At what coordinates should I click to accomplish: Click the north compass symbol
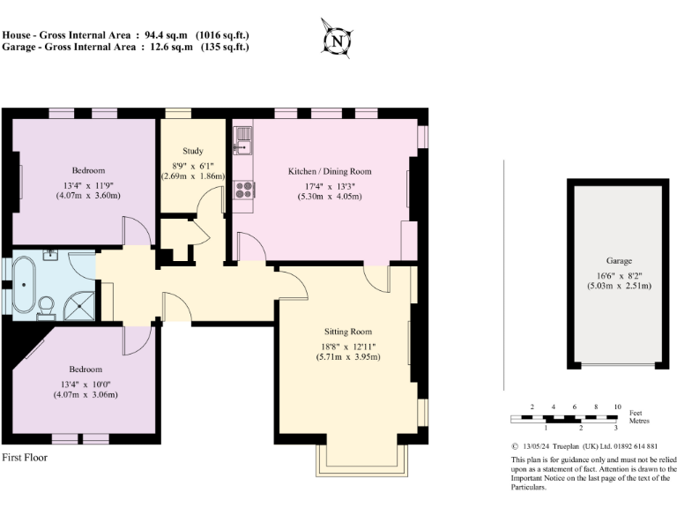click(337, 40)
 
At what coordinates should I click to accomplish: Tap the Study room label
click(193, 151)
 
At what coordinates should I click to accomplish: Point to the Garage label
click(618, 261)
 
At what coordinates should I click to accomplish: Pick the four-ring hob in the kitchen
click(243, 189)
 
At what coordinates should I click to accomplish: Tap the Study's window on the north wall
click(180, 113)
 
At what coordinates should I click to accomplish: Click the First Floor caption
click(25, 458)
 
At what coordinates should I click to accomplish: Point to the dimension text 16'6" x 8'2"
click(618, 273)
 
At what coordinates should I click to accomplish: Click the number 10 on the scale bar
click(617, 406)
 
